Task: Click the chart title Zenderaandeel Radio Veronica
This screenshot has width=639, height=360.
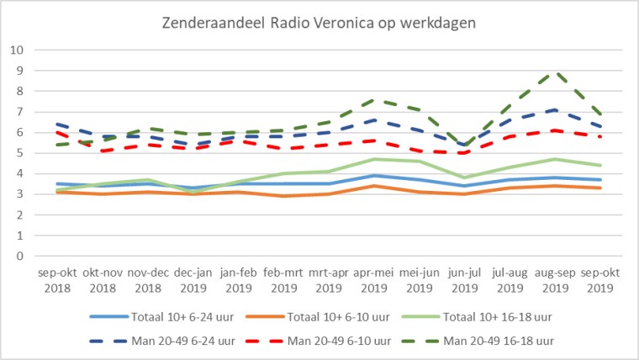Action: (319, 23)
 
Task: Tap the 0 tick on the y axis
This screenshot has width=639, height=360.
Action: (18, 256)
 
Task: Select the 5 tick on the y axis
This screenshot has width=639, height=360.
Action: (18, 153)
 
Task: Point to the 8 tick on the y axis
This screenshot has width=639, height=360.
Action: (18, 91)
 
